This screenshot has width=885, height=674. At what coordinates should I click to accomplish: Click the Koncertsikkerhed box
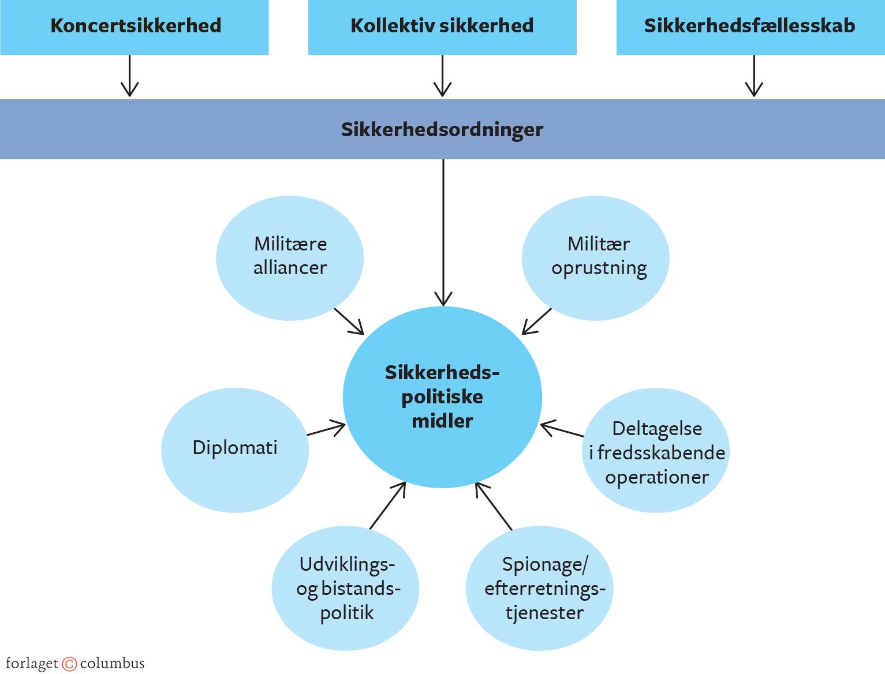point(135,27)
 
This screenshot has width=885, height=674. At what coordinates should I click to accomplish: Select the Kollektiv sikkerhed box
point(442,27)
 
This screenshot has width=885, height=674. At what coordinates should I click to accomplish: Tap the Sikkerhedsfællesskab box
point(750,27)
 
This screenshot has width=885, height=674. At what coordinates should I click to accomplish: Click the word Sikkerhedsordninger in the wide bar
point(442,129)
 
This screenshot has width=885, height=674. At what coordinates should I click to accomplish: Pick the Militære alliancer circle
point(290,257)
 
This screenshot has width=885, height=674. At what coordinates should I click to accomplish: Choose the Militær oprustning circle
point(595,257)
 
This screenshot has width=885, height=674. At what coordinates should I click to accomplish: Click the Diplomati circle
point(235,450)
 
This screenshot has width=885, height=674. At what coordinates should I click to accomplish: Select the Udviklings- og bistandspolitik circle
point(345,588)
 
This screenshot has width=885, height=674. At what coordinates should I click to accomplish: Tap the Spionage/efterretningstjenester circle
point(539,588)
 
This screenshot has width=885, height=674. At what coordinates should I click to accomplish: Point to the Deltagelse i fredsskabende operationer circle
point(655,451)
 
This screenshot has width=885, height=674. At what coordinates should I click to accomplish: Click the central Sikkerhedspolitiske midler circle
point(442,397)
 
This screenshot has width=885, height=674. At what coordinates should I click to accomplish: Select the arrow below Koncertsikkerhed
point(129,76)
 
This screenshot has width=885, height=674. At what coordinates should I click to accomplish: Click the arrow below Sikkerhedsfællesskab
point(754,76)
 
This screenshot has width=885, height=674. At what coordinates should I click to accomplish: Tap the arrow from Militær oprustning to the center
point(537,321)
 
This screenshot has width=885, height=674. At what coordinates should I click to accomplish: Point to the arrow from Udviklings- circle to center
point(388,505)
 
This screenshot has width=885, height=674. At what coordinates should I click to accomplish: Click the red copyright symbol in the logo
point(69,664)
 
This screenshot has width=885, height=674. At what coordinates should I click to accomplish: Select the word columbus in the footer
point(112,664)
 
